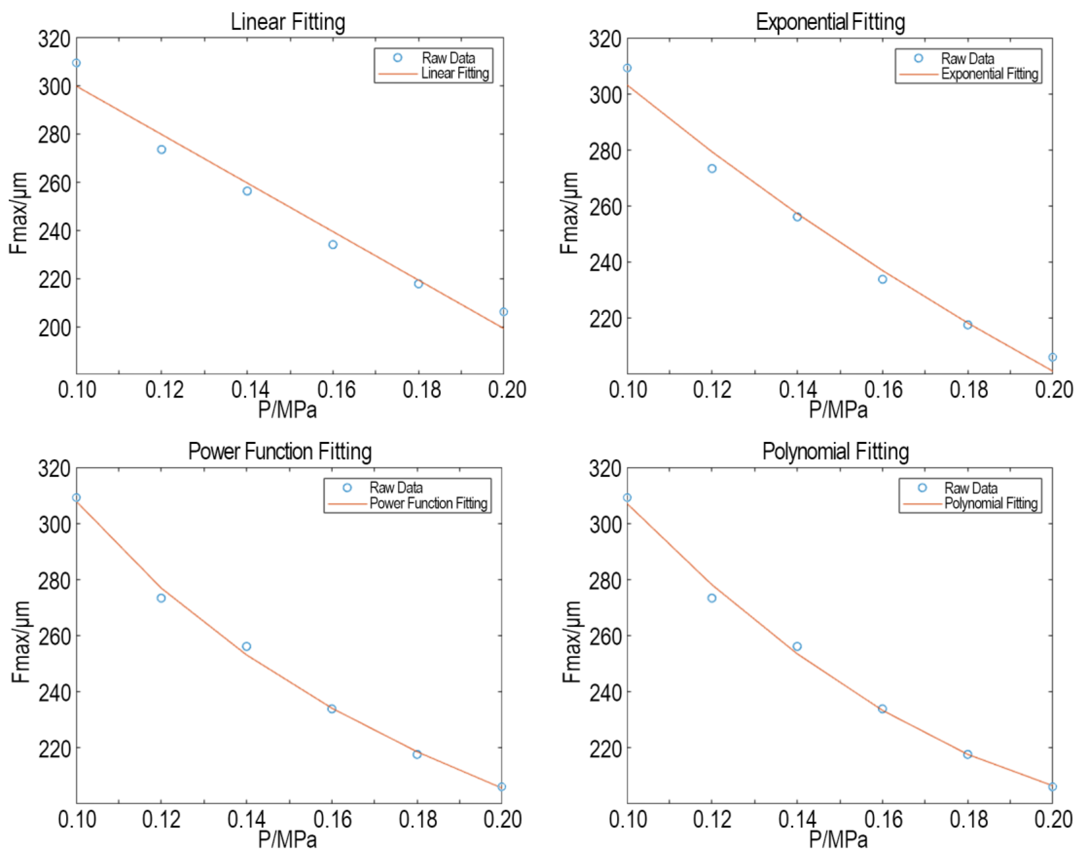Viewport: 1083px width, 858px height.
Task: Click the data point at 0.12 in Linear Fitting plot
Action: tap(161, 150)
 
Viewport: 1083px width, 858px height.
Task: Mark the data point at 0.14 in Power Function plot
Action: tap(247, 646)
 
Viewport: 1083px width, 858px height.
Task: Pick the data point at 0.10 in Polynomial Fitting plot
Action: tap(627, 498)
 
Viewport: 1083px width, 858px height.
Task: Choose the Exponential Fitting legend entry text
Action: tap(989, 74)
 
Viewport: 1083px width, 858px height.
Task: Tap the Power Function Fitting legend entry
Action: tap(428, 503)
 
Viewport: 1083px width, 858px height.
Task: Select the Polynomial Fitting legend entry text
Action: tap(991, 503)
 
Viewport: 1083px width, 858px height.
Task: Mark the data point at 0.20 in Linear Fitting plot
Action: tap(503, 312)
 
